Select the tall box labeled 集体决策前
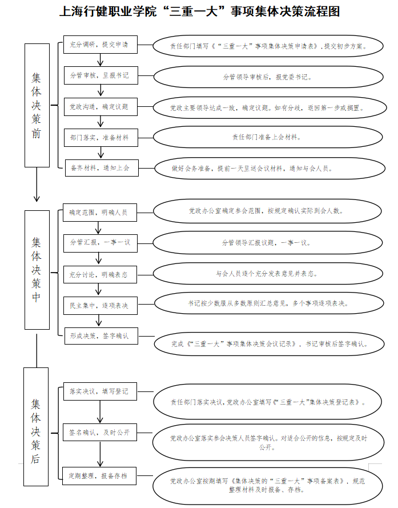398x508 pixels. point(37,105)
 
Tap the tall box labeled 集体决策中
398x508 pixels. point(37,270)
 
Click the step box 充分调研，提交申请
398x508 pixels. point(100,45)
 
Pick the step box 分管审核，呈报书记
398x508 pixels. point(100,75)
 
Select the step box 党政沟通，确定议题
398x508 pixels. point(100,107)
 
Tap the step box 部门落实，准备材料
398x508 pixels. point(100,138)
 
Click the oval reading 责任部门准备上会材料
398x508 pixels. point(267,137)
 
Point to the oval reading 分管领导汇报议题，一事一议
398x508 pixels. point(267,243)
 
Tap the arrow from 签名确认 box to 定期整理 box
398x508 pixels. point(100,454)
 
